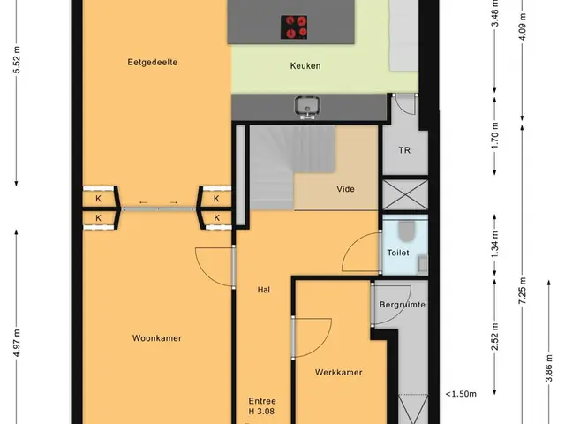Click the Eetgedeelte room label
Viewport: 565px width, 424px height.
pyautogui.click(x=153, y=63)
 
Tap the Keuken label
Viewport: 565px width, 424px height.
pyautogui.click(x=305, y=66)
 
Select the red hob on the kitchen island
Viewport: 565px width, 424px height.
pyautogui.click(x=294, y=27)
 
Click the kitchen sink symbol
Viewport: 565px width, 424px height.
pyautogui.click(x=306, y=107)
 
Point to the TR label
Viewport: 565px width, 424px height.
pyautogui.click(x=404, y=150)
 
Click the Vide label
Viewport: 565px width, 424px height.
pyautogui.click(x=345, y=189)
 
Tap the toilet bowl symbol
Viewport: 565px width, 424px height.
pyautogui.click(x=407, y=231)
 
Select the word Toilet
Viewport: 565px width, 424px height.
pyautogui.click(x=398, y=253)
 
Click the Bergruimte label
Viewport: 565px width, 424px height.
pyautogui.click(x=403, y=305)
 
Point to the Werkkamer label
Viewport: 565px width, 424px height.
pyautogui.click(x=338, y=372)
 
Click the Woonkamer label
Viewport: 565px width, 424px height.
pyautogui.click(x=157, y=338)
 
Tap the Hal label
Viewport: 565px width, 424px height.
pyautogui.click(x=264, y=290)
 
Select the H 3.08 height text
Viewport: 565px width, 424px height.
pyautogui.click(x=261, y=411)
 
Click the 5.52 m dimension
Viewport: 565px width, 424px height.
pyautogui.click(x=17, y=60)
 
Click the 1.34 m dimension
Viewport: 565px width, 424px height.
pyautogui.click(x=494, y=245)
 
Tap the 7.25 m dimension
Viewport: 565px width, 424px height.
pyautogui.click(x=523, y=291)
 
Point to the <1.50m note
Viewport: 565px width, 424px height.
pyautogui.click(x=461, y=394)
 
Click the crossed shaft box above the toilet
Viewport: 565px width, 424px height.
pyautogui.click(x=405, y=195)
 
